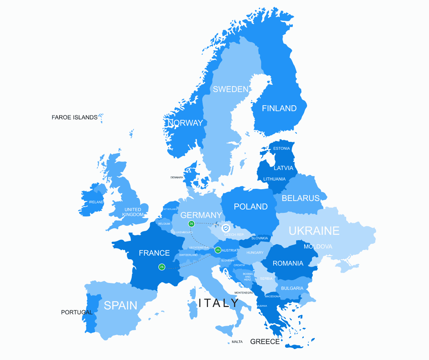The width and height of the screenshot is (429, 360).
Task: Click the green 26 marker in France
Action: point(162,267)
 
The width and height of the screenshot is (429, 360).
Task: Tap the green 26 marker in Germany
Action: point(191,224)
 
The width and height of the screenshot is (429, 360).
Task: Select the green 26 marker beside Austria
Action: point(218,250)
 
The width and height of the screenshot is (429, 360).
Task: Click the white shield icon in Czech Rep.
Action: point(226,228)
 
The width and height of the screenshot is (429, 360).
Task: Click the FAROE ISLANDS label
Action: point(74,117)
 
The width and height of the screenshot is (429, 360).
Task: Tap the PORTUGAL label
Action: point(77,312)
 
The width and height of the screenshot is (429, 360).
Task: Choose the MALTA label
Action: point(237,342)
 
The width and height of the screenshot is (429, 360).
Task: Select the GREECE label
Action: point(265,342)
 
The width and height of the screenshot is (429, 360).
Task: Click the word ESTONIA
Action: point(281,148)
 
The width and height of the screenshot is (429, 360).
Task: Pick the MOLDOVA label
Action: point(318,247)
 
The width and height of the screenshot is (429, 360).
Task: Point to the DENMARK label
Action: point(177,177)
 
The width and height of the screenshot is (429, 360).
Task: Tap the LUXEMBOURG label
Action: point(183,232)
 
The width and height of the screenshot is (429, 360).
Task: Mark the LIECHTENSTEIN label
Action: point(199,247)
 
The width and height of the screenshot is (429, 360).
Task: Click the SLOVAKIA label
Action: point(259,238)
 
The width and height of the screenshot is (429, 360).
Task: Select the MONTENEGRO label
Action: point(244,293)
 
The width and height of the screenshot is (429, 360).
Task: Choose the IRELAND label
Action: point(96,202)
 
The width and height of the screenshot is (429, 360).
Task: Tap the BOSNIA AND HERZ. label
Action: point(248,277)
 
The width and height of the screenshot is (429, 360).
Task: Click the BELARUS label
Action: point(301,198)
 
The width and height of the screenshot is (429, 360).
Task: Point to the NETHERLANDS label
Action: point(170,209)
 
